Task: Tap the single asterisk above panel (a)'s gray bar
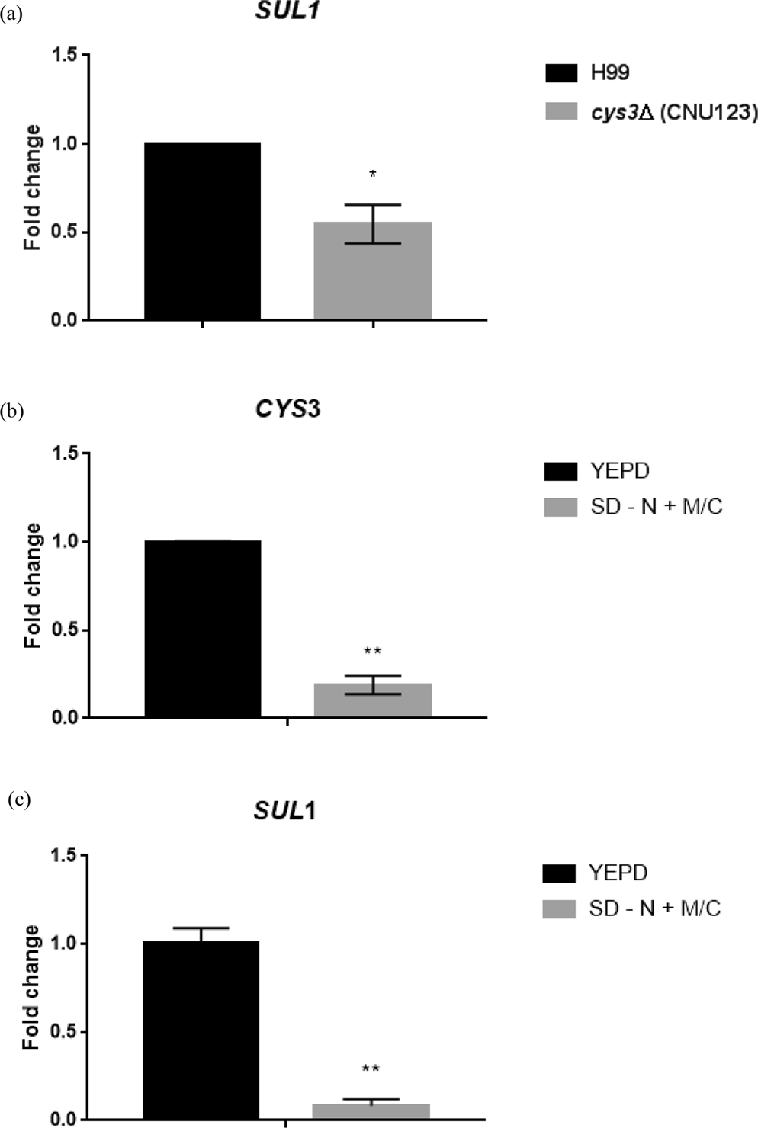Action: pyautogui.click(x=372, y=175)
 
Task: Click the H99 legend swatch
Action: pyautogui.click(x=561, y=73)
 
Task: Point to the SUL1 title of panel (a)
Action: pyautogui.click(x=286, y=12)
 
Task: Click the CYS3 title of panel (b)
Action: pyautogui.click(x=287, y=409)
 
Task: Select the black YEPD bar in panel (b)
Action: pyautogui.click(x=202, y=629)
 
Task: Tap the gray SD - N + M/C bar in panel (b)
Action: pyautogui.click(x=372, y=700)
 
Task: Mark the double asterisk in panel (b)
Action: pyautogui.click(x=372, y=651)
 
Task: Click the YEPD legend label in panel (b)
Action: pyautogui.click(x=619, y=471)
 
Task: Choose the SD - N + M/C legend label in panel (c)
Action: pyautogui.click(x=654, y=908)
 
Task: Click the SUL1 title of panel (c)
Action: pyautogui.click(x=284, y=811)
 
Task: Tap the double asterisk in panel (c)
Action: pyautogui.click(x=371, y=1069)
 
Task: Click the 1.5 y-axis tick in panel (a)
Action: pyautogui.click(x=65, y=56)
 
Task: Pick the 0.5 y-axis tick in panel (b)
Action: pyautogui.click(x=65, y=630)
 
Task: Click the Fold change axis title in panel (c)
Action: pyautogui.click(x=31, y=988)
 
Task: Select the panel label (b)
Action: pyautogui.click(x=12, y=412)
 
